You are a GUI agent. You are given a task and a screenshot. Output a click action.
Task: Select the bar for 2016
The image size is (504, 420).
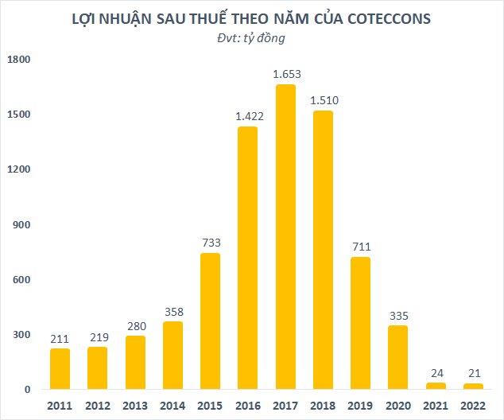point(247,258)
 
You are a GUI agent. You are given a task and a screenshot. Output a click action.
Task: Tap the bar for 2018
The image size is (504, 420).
point(322,250)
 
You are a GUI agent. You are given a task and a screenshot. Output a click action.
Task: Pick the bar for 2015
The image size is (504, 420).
point(210,321)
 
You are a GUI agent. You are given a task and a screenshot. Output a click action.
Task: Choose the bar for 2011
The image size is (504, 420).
point(60,369)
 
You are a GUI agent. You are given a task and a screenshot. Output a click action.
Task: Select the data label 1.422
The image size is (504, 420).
point(250,116)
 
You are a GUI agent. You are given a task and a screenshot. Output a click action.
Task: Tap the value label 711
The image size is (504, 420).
point(360,247)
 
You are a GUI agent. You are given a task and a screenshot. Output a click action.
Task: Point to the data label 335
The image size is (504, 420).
point(397,315)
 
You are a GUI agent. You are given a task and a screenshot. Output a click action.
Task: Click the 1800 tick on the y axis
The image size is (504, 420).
point(19,60)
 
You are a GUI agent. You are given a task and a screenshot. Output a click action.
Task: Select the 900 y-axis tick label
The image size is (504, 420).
point(21,225)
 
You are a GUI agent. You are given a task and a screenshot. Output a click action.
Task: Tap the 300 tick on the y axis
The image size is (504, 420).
point(21,335)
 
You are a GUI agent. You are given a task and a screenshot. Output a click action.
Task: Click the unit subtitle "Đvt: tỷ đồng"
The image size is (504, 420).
point(251,37)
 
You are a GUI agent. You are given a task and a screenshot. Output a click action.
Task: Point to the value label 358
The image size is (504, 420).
point(173,311)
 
